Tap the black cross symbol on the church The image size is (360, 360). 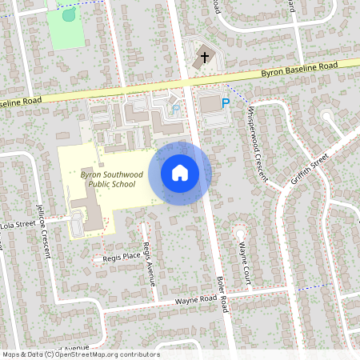205,57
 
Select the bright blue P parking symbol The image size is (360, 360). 226,103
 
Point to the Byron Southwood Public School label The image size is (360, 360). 108,178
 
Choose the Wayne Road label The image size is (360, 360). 196,300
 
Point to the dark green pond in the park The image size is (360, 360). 70,14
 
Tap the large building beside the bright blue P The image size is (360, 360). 210,104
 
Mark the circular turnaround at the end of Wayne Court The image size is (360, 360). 240,234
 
